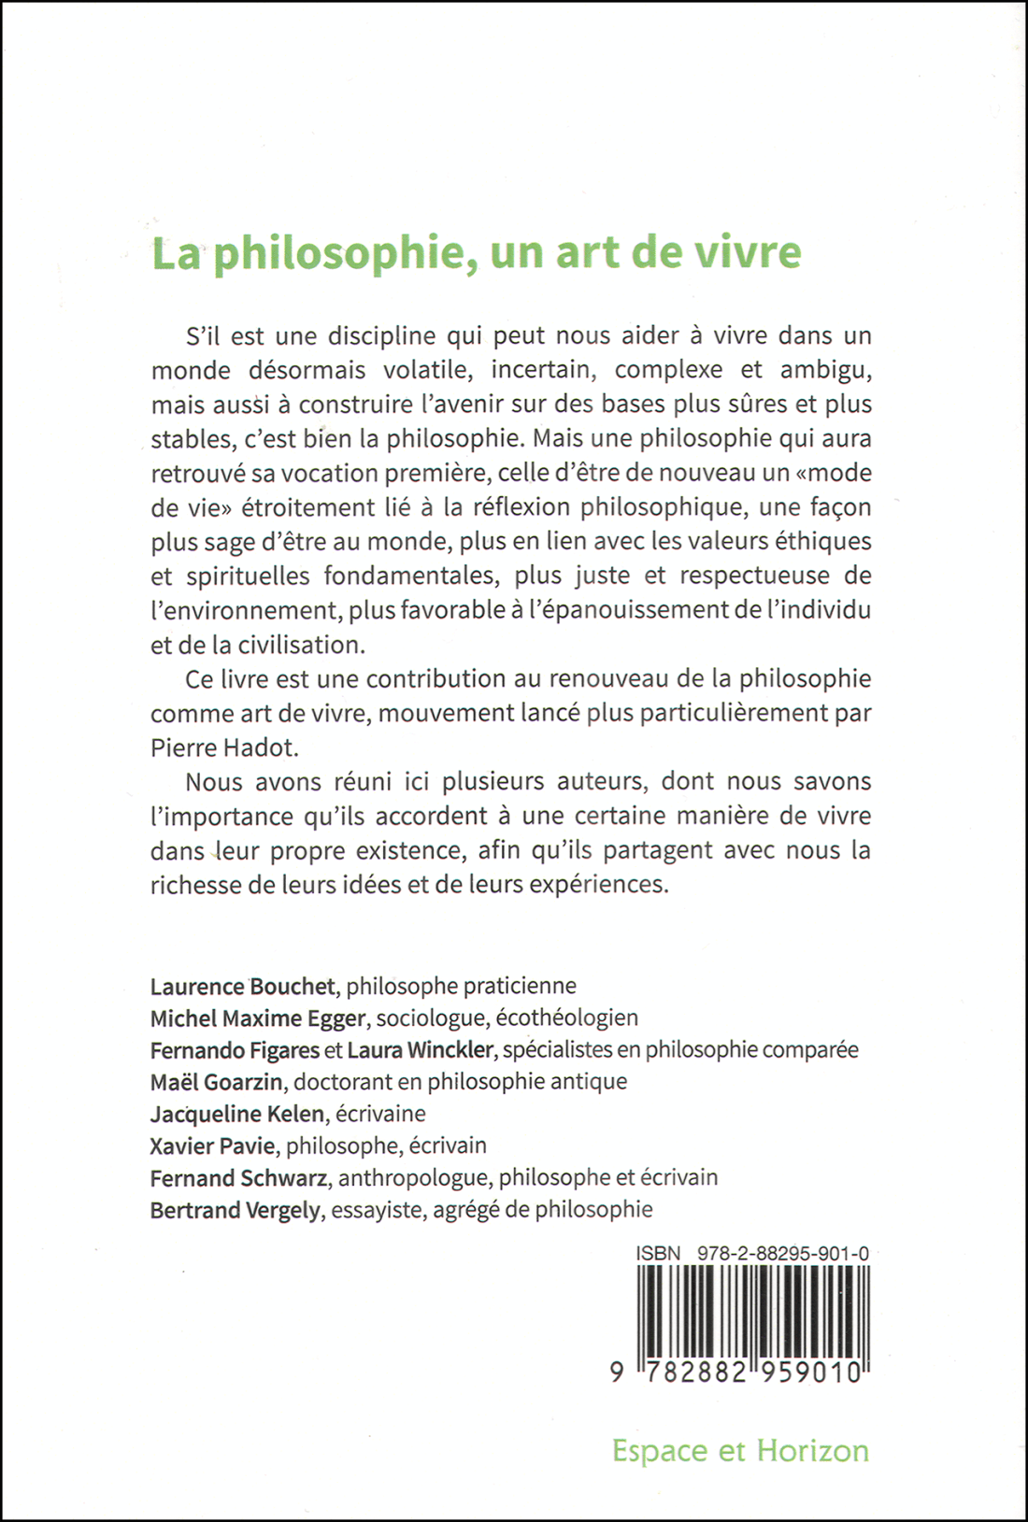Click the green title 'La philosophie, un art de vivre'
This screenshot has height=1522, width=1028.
[x=477, y=254]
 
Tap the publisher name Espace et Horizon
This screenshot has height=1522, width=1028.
[x=740, y=1450]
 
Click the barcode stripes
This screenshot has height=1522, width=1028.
[x=753, y=1312]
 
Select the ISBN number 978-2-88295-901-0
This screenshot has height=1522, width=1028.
[x=783, y=1254]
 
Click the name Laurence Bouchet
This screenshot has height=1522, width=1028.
[x=243, y=986]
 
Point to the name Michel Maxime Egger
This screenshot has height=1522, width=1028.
[x=258, y=1017]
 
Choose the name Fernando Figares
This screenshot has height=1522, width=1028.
[x=235, y=1050]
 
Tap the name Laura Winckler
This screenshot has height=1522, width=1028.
[x=420, y=1050]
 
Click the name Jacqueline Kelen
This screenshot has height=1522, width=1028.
[x=237, y=1114]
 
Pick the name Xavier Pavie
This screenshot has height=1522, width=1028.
[x=212, y=1145]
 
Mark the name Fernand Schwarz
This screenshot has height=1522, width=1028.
[x=238, y=1177]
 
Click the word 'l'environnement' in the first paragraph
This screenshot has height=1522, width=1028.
[x=245, y=610]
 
